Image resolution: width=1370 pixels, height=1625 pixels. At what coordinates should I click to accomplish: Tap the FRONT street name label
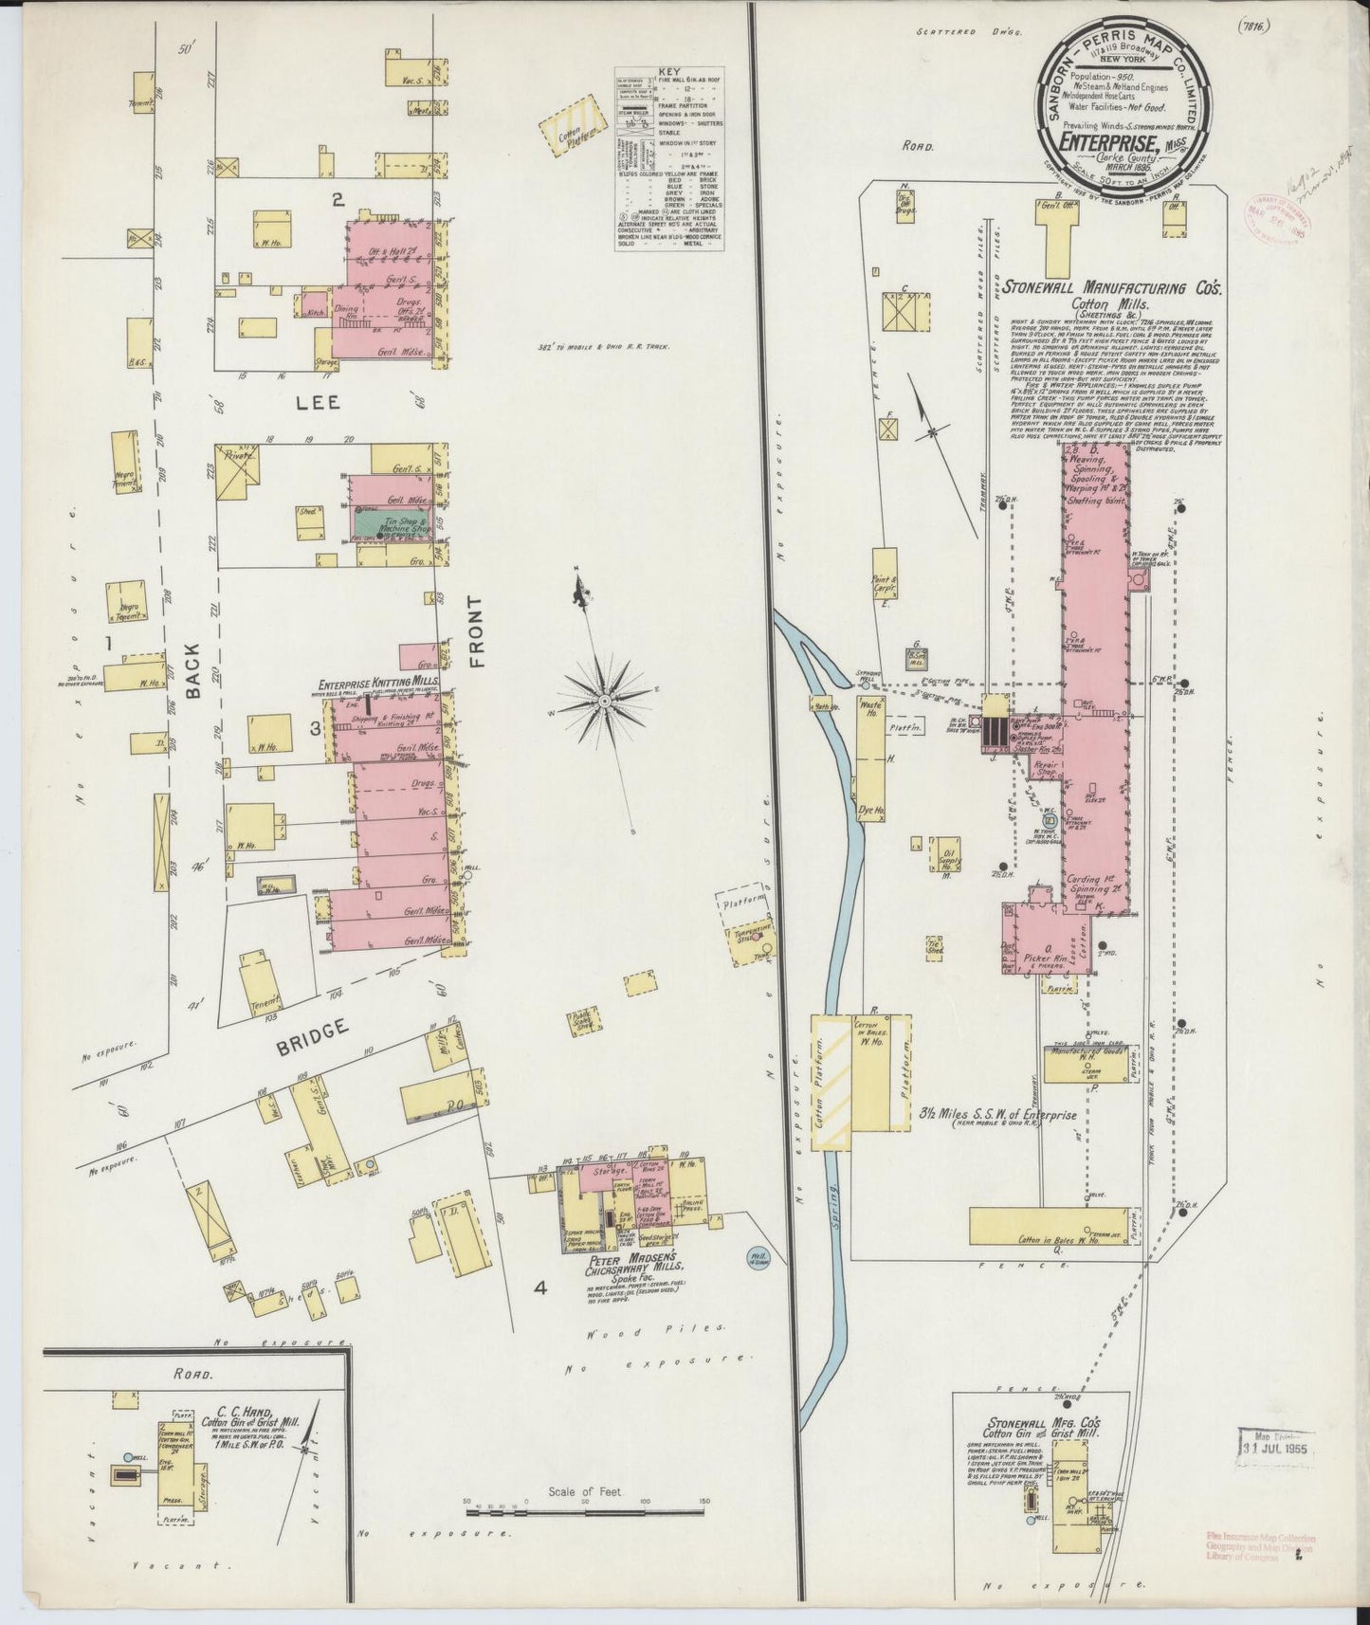click(477, 632)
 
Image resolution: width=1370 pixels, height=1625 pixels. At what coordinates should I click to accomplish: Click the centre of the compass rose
click(604, 702)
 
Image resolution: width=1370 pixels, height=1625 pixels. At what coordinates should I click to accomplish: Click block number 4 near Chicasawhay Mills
click(540, 1287)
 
